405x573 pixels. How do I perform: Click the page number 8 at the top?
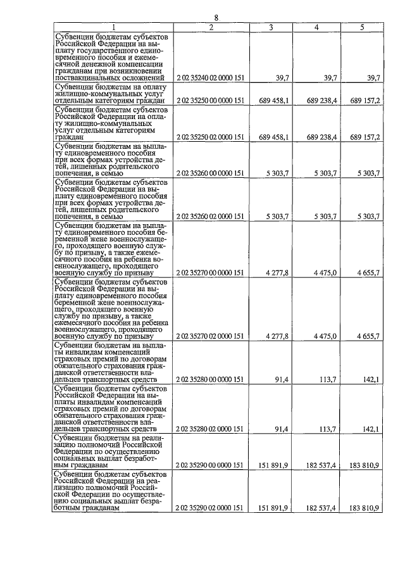[x=216, y=18]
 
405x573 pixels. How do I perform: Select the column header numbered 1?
[x=113, y=27]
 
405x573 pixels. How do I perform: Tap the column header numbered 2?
[x=211, y=27]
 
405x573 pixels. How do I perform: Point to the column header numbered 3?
[x=271, y=27]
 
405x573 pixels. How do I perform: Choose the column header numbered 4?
[x=316, y=27]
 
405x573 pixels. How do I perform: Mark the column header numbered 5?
[x=362, y=27]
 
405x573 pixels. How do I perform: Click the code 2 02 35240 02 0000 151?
[x=211, y=77]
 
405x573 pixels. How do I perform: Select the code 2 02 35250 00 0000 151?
[x=211, y=100]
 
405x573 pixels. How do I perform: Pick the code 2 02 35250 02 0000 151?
[x=211, y=137]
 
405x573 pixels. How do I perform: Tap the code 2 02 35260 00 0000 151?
[x=211, y=173]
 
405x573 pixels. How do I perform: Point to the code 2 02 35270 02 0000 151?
[x=211, y=336]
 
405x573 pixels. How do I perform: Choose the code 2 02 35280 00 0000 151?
[x=211, y=379]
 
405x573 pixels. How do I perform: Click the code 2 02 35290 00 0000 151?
[x=211, y=465]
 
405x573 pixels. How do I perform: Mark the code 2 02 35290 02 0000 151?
[x=211, y=508]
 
